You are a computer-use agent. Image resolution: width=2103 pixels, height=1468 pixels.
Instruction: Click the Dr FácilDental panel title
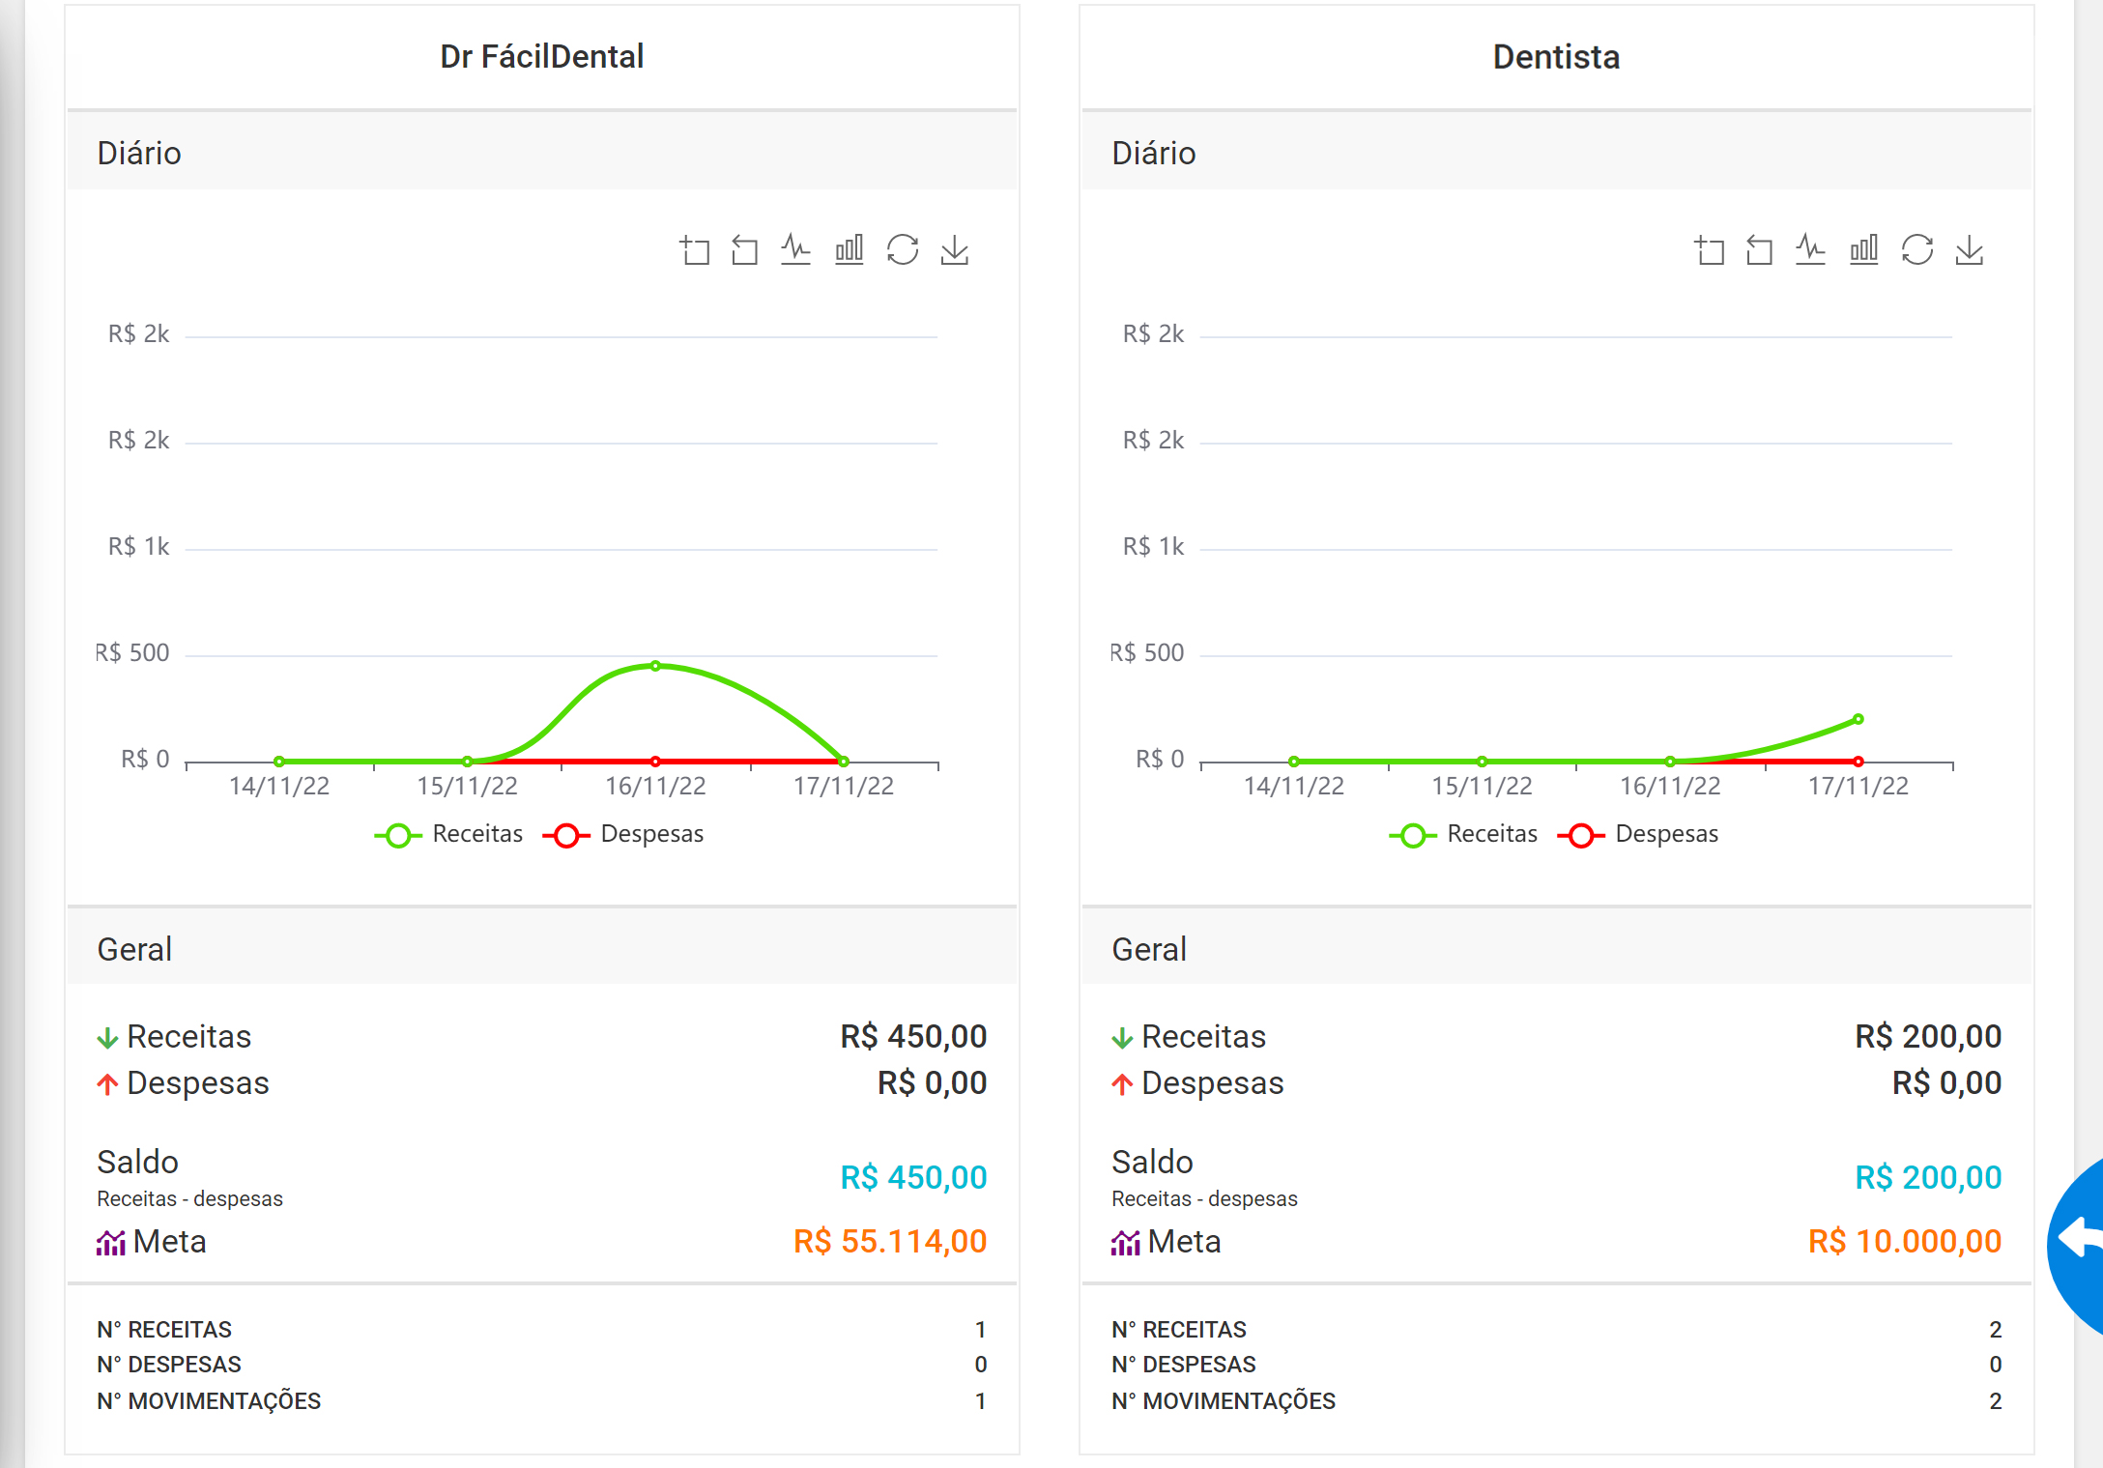click(x=541, y=57)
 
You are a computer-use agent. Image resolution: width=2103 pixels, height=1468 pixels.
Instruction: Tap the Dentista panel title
click(x=1556, y=57)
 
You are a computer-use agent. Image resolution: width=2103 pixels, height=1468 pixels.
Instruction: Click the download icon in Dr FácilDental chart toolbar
click(x=955, y=250)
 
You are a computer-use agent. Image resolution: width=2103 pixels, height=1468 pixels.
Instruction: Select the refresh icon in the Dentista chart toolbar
click(x=1917, y=249)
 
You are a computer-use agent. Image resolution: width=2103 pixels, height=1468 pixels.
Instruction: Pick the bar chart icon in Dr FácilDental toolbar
click(x=850, y=249)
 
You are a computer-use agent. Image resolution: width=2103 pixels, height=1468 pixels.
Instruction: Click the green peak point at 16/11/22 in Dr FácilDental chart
click(x=655, y=666)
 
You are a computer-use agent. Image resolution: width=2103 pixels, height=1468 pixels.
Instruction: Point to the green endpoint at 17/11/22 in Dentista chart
click(x=1858, y=719)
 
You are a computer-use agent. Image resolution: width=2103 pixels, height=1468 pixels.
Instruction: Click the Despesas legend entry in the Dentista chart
click(x=1639, y=834)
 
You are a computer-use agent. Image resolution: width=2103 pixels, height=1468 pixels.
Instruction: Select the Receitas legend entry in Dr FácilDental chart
click(x=448, y=834)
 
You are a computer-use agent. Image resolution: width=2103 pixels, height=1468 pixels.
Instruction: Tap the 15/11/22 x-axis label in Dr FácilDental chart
click(x=468, y=786)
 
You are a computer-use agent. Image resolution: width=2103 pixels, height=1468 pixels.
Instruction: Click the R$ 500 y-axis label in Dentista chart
click(x=1146, y=653)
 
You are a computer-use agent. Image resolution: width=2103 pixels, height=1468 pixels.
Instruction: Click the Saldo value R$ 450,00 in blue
click(x=913, y=1177)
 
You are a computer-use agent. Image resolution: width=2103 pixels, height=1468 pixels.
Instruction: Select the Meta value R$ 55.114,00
click(x=890, y=1241)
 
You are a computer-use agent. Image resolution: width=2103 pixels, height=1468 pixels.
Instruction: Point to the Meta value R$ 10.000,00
click(x=1905, y=1241)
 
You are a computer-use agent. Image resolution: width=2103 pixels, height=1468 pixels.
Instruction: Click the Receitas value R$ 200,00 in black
click(x=1928, y=1036)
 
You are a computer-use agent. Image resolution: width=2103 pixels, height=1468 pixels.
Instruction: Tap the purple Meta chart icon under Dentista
click(x=1126, y=1243)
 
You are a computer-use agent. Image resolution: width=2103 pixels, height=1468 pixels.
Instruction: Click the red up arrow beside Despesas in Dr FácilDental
click(x=107, y=1084)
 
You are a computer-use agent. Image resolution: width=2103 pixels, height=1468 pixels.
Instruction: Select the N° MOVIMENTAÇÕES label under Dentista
click(x=1224, y=1401)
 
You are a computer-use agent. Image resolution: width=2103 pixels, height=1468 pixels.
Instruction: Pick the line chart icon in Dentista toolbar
click(x=1810, y=249)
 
